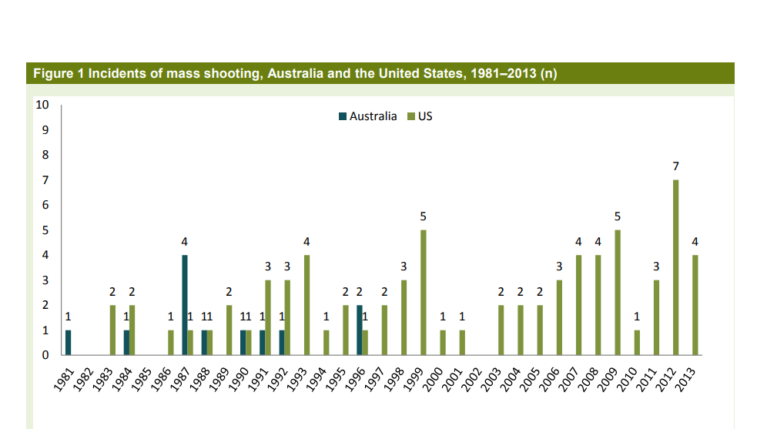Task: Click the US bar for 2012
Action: (675, 267)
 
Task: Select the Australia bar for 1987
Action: (185, 305)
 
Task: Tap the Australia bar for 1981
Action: (68, 343)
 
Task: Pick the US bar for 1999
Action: (423, 293)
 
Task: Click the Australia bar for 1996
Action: (360, 330)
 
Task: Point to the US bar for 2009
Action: (618, 293)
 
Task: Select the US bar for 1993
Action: (306, 305)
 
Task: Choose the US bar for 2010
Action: (637, 343)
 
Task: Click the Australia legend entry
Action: (368, 116)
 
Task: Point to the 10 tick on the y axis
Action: (42, 105)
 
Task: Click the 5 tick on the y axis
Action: (45, 230)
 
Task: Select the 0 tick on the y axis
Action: (45, 356)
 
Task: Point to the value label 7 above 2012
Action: (675, 166)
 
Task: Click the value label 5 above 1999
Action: (423, 216)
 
